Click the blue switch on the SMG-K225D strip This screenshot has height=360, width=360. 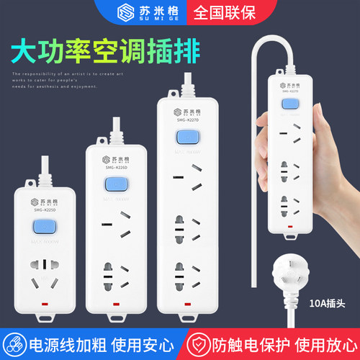[43, 230]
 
